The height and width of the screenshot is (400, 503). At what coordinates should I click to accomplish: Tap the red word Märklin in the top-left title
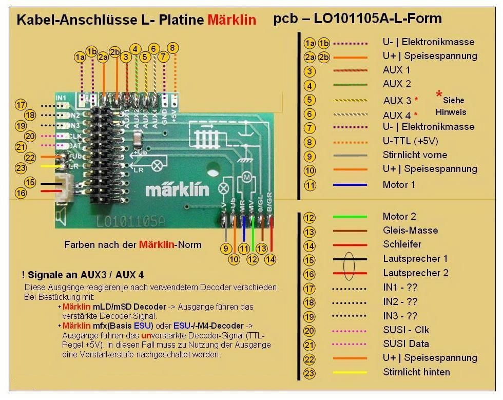pyautogui.click(x=231, y=20)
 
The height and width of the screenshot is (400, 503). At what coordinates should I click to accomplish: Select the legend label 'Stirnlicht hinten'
pyautogui.click(x=416, y=372)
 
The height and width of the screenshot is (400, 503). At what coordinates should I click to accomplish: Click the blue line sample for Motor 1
pyautogui.click(x=350, y=184)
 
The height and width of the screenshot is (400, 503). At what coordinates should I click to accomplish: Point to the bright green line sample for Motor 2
pyautogui.click(x=350, y=216)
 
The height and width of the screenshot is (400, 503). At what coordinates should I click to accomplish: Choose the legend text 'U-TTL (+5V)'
pyautogui.click(x=410, y=140)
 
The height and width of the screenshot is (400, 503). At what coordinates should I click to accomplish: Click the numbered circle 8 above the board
pyautogui.click(x=173, y=48)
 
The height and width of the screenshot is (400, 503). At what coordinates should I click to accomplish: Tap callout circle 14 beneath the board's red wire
pyautogui.click(x=270, y=260)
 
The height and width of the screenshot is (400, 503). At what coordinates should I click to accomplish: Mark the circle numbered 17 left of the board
pyautogui.click(x=21, y=105)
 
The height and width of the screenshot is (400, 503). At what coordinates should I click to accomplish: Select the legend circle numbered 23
pyautogui.click(x=309, y=372)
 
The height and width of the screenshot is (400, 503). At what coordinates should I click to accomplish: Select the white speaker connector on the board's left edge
pyautogui.click(x=64, y=187)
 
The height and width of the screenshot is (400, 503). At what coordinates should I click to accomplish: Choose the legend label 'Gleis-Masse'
pyautogui.click(x=410, y=230)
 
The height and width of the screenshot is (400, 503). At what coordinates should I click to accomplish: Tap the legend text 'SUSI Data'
pyautogui.click(x=405, y=344)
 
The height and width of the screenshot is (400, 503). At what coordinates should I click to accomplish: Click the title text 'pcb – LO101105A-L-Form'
pyautogui.click(x=357, y=20)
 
